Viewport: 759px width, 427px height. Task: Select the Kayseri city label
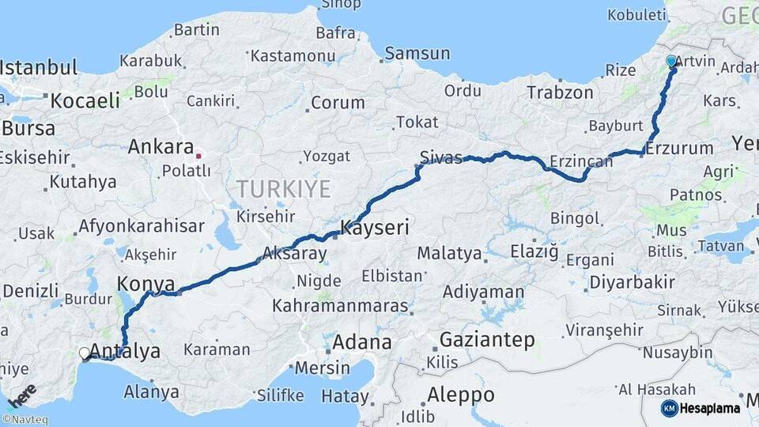(374, 229)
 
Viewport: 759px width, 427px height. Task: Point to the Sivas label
(441, 157)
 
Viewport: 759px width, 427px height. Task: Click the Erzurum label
(679, 148)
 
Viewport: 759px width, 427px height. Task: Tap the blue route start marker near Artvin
(671, 61)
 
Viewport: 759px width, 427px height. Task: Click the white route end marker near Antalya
(84, 353)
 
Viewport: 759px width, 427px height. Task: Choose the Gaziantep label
(486, 340)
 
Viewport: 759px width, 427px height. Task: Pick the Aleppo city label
(460, 395)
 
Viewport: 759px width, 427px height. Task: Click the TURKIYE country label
(282, 188)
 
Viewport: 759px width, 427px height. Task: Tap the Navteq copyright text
(25, 420)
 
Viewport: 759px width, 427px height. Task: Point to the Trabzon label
(560, 93)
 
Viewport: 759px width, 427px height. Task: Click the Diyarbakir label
(632, 282)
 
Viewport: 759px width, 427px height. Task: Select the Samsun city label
(417, 54)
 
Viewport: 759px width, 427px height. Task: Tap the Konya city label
(145, 283)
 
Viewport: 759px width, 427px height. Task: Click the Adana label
(362, 342)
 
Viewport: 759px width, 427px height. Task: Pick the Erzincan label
(582, 161)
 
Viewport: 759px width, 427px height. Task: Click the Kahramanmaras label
(340, 305)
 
